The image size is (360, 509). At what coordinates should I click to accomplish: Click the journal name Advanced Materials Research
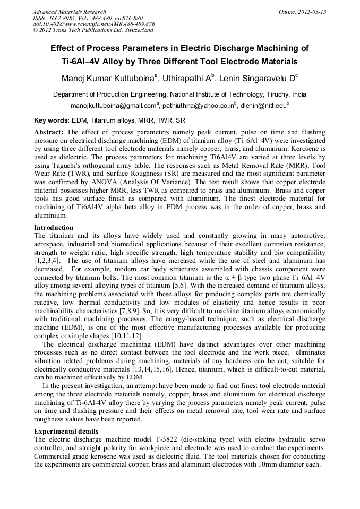69,12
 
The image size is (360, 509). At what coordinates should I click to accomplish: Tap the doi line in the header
93,24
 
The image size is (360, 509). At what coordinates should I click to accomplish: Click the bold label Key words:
52,120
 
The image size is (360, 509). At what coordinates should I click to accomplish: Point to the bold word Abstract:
49,131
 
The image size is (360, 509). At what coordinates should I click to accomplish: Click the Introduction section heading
54,228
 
